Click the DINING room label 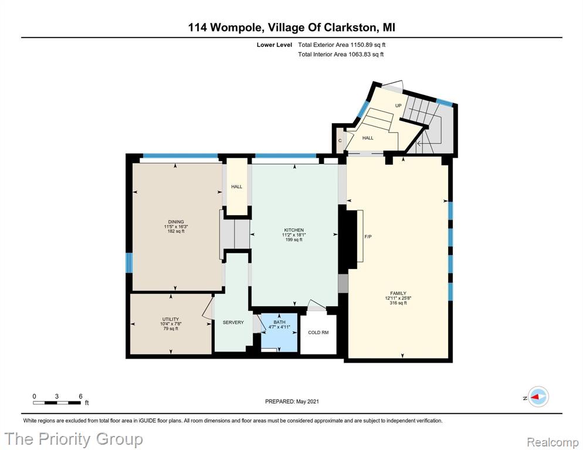click(176, 222)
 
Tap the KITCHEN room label click(294, 230)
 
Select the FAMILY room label click(398, 293)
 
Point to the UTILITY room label click(171, 319)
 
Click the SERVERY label click(233, 322)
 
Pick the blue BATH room click(279, 333)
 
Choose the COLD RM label click(318, 333)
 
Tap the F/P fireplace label click(368, 237)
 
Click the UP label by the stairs click(398, 105)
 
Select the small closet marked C click(340, 141)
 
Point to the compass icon click(538, 397)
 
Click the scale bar click(57, 403)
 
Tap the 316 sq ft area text click(398, 303)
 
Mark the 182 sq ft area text click(176, 231)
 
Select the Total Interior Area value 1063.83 click(360, 54)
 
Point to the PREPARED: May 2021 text click(292, 401)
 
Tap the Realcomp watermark click(553, 442)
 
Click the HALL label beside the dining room click(237, 187)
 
